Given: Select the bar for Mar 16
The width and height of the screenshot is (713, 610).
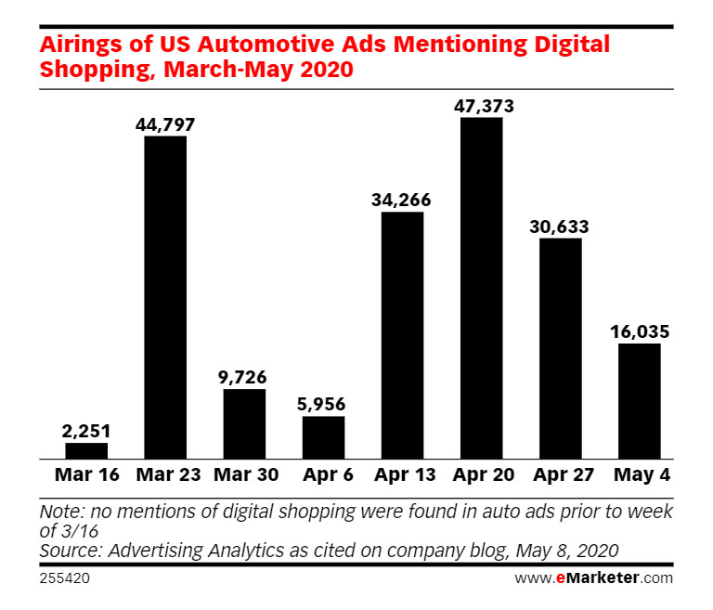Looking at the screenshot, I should pos(86,450).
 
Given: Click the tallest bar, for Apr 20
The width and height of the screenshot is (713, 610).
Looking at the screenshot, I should pos(481,288).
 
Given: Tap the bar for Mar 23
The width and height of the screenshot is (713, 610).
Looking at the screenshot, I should pos(165,297).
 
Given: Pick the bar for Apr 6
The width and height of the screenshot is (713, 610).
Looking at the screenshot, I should pos(323,437).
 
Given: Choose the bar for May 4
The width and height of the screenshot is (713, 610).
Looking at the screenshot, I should pos(639,401).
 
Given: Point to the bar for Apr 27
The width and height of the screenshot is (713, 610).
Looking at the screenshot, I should pos(560,348).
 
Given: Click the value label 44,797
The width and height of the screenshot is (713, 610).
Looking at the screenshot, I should pos(165,124).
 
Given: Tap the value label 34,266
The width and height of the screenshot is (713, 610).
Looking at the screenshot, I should pos(402,201).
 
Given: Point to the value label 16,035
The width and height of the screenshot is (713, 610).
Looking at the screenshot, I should pos(639,331).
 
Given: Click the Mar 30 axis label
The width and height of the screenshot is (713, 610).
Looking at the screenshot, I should pos(244,475).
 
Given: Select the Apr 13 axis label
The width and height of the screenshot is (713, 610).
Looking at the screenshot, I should pos(402,475).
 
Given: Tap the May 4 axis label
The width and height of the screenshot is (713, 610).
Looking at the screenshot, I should pos(639,475).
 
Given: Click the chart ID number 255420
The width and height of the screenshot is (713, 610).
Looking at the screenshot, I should pos(65,578).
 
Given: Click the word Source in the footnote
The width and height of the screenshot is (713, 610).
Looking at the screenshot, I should pos(71,550).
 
